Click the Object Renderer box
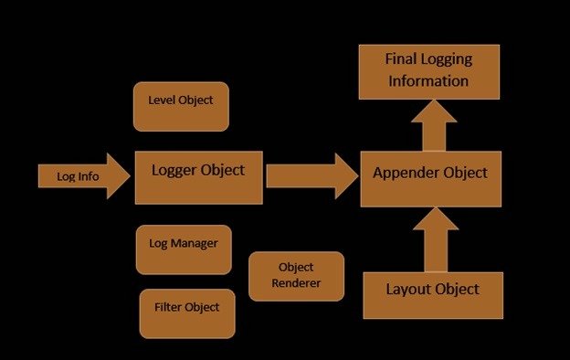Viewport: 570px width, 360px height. tap(296, 276)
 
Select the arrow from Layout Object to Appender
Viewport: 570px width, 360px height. tap(436, 239)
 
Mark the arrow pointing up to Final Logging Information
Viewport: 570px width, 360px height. tap(434, 126)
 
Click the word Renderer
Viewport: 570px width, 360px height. tap(296, 283)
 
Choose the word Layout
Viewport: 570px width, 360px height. tap(408, 290)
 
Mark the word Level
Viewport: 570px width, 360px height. tap(162, 100)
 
